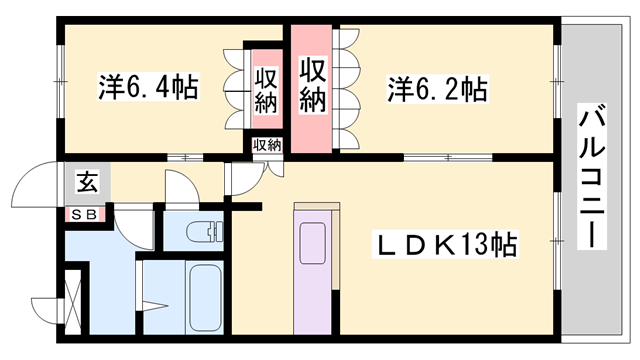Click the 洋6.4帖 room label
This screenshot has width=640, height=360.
click(147, 87)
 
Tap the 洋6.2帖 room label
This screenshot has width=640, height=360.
click(437, 90)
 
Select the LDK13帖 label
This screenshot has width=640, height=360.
click(439, 243)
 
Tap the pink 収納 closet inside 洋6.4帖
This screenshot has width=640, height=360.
click(265, 90)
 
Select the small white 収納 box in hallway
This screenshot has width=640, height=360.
click(267, 146)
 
